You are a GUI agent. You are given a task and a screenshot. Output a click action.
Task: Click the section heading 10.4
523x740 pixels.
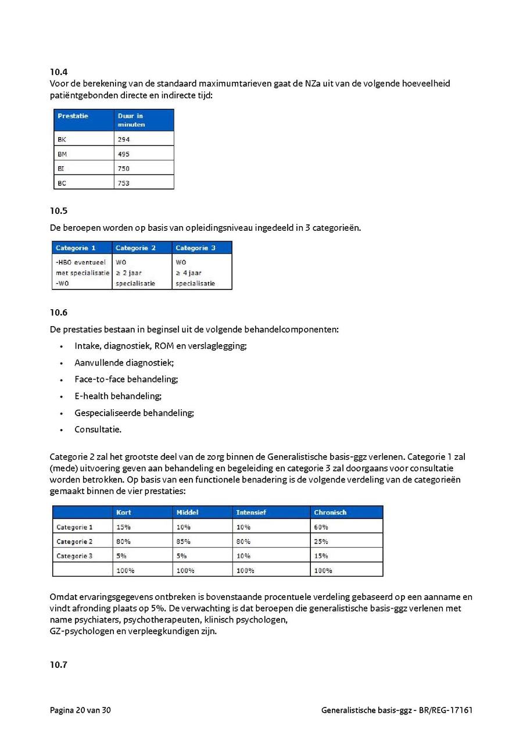click(59, 72)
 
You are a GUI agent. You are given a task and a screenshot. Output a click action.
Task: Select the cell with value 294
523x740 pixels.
click(124, 140)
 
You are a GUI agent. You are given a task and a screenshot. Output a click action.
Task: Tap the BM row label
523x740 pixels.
click(62, 154)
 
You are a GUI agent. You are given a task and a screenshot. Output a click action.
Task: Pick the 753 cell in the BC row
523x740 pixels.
click(124, 183)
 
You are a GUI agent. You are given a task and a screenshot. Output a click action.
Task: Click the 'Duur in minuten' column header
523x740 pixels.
click(131, 120)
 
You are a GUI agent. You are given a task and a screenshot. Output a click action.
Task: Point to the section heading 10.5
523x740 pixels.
click(59, 211)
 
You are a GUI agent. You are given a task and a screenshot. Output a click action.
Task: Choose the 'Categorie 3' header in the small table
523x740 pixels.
click(196, 248)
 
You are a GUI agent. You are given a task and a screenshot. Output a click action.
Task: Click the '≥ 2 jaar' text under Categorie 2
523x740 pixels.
click(129, 273)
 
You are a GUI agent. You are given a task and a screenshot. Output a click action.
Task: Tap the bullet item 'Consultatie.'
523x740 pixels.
click(98, 430)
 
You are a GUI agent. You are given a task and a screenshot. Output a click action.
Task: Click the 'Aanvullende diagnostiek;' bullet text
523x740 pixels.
click(124, 363)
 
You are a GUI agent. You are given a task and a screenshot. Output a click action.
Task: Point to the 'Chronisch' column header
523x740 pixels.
click(330, 512)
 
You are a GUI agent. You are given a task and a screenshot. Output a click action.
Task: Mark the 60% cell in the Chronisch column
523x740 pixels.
click(321, 527)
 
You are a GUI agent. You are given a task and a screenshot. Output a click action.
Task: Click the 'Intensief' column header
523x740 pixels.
click(251, 512)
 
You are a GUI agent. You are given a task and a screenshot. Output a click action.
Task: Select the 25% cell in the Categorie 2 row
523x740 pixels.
click(321, 542)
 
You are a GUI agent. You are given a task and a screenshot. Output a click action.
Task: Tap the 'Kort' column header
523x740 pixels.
click(124, 512)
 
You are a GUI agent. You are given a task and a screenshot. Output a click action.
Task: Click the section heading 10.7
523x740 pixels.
click(59, 665)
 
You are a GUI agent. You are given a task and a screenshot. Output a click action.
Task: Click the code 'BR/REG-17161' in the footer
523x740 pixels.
click(447, 710)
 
